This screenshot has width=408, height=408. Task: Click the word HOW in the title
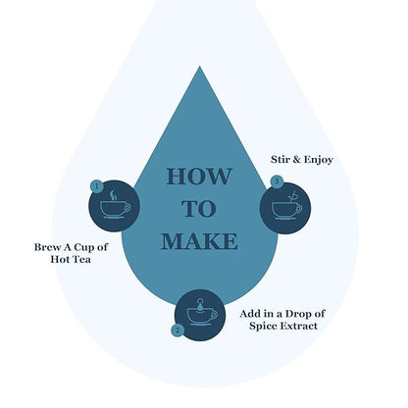click(199, 177)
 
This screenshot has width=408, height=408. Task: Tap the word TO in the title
click(199, 209)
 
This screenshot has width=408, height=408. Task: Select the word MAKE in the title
click(199, 241)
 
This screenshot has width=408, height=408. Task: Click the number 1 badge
click(96, 186)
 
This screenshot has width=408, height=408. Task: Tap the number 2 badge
click(178, 330)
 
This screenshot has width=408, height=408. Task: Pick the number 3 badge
click(277, 181)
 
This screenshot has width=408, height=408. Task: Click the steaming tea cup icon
click(115, 204)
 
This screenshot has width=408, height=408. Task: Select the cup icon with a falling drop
click(202, 312)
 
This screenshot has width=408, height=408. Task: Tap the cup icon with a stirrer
click(287, 205)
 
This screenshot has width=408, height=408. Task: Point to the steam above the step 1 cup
click(113, 195)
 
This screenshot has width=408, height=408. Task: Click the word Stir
click(280, 160)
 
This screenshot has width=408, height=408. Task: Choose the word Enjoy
click(319, 160)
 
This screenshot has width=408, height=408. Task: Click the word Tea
click(80, 260)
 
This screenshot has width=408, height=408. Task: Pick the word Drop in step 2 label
click(297, 314)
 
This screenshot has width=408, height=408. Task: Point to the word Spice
click(260, 327)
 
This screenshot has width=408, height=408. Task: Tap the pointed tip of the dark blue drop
click(199, 67)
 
